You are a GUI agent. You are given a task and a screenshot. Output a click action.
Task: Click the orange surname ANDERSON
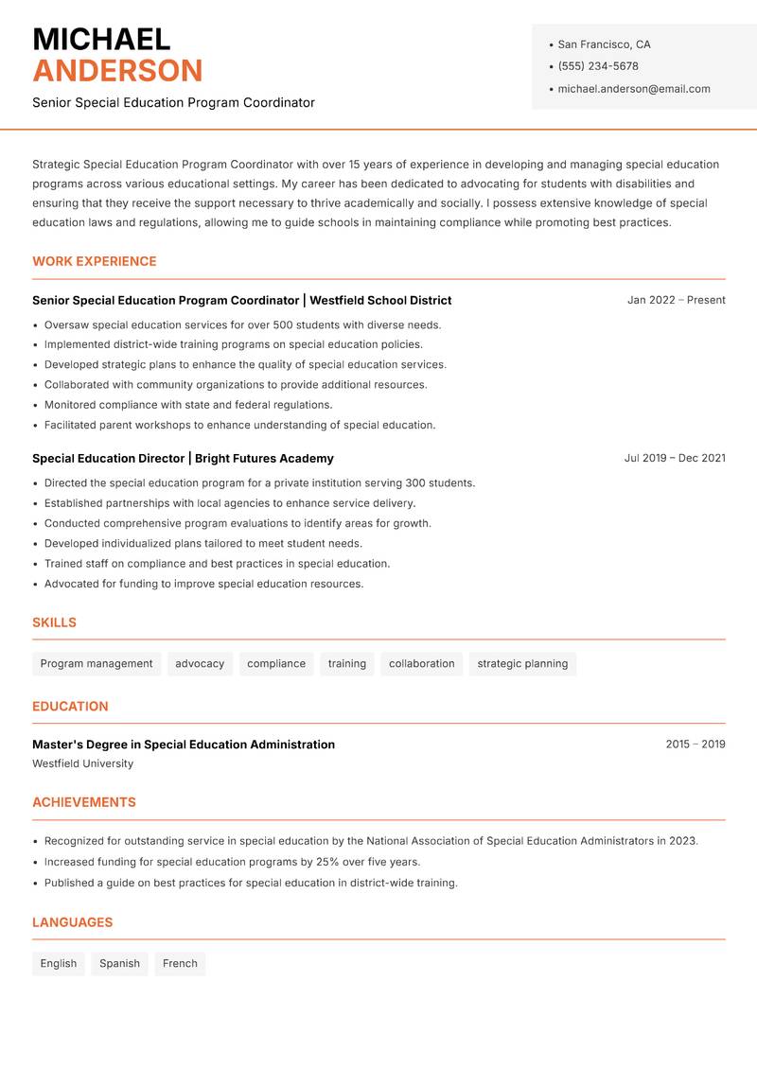tap(117, 71)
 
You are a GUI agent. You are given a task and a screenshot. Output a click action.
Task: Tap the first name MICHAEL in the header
tap(101, 39)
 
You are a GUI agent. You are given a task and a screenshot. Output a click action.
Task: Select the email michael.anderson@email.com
tap(633, 89)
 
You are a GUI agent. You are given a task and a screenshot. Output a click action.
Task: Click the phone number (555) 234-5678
tap(597, 66)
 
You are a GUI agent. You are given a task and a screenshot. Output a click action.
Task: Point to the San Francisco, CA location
tap(604, 44)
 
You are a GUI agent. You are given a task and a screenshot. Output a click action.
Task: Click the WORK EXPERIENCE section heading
tap(95, 261)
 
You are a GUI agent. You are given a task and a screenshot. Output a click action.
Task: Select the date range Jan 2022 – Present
tap(676, 300)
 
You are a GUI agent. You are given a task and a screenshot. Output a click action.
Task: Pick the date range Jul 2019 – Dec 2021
tap(675, 458)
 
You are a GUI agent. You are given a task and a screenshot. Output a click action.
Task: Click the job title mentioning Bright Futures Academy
tap(183, 459)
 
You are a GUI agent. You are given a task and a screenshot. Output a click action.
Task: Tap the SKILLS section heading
tap(54, 622)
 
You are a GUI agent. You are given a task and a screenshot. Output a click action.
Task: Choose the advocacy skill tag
tap(200, 664)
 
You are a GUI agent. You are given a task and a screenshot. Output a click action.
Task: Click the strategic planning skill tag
tap(522, 664)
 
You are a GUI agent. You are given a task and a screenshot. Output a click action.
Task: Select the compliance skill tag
tap(276, 664)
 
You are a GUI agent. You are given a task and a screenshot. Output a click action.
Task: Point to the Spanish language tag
tap(119, 964)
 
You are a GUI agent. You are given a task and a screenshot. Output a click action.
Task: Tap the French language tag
tap(180, 964)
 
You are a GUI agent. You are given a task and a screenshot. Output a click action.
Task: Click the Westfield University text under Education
tap(82, 763)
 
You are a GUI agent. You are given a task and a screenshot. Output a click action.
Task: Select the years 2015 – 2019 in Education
tap(695, 745)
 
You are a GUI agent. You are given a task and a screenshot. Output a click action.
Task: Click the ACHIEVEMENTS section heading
tap(84, 802)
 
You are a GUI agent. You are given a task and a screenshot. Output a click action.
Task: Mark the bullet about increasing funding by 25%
tap(232, 862)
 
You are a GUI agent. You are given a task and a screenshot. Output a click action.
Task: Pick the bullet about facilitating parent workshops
tap(239, 425)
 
